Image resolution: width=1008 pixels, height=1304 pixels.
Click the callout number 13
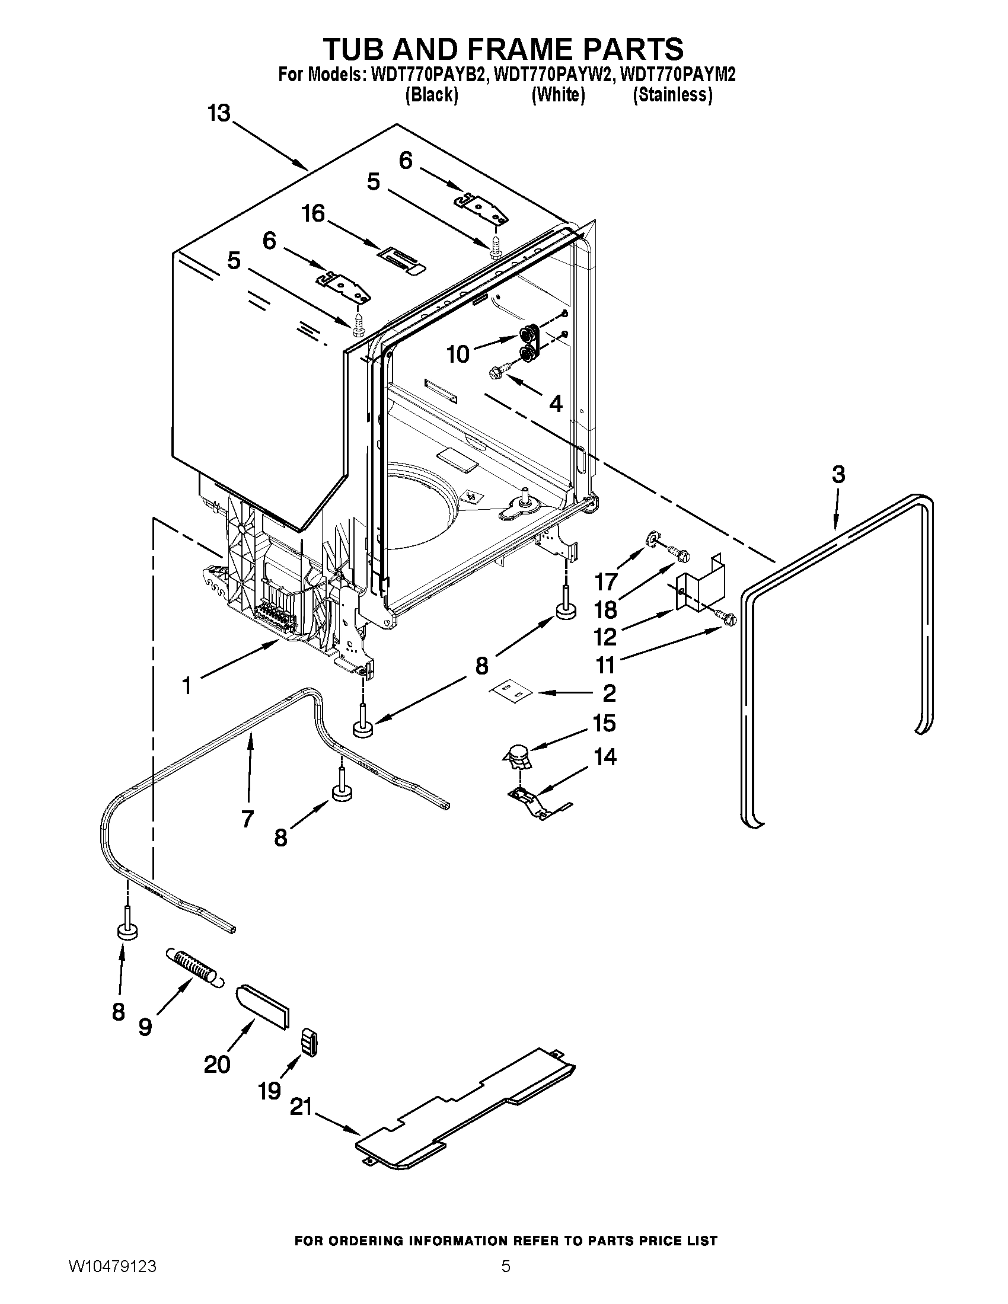point(219,113)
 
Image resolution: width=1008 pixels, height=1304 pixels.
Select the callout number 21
point(301,1107)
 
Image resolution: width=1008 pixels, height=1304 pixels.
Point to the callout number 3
point(838,475)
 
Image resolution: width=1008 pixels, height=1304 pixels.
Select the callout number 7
point(247,818)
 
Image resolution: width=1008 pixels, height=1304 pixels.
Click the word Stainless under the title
point(672,95)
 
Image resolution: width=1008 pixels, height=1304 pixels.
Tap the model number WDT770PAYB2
point(426,75)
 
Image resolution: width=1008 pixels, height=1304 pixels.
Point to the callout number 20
point(217,1064)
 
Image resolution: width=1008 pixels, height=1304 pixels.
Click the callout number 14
point(605,757)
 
